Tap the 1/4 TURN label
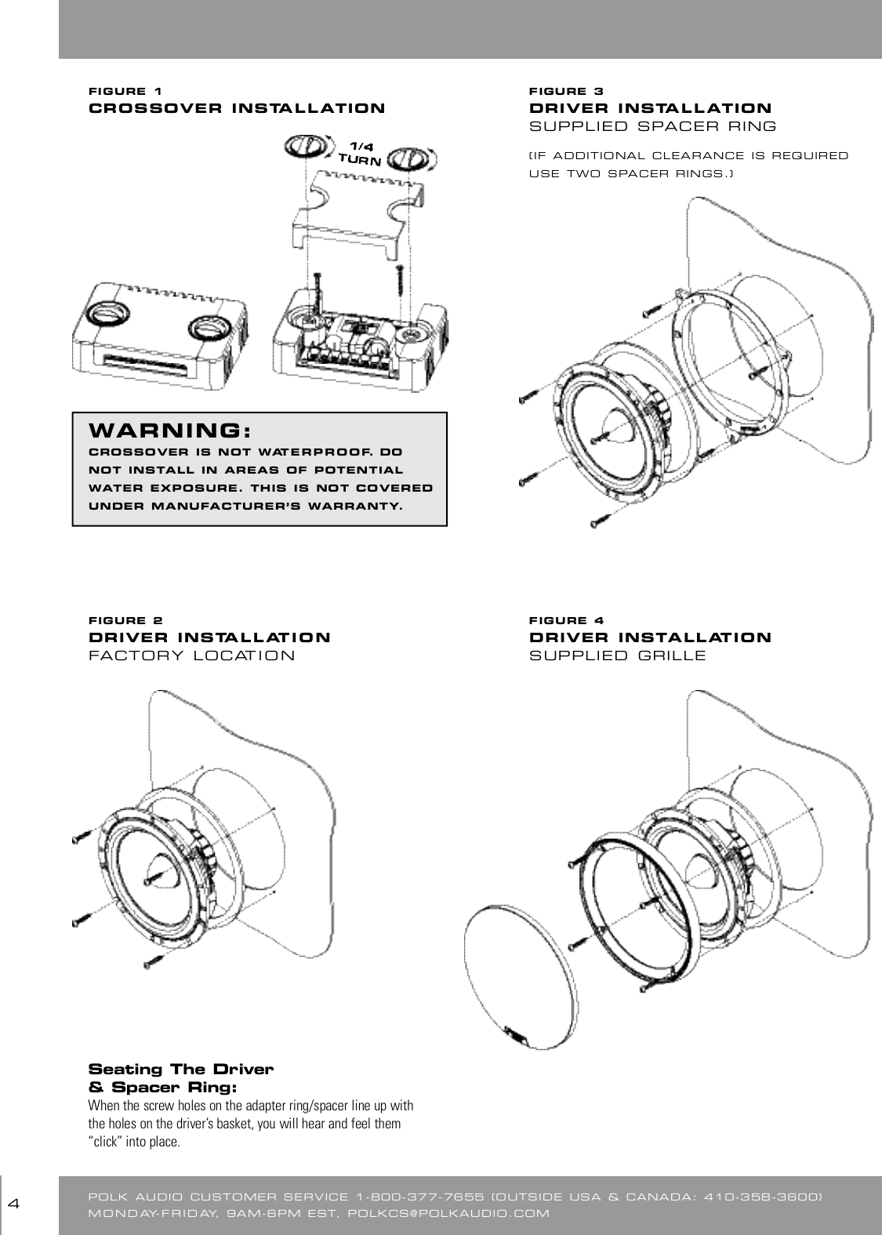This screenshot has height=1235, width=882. pyautogui.click(x=360, y=154)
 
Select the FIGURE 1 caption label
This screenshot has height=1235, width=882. pyautogui.click(x=126, y=90)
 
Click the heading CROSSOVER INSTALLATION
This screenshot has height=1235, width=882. pyautogui.click(x=237, y=108)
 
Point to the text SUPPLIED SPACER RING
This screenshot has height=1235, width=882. pyautogui.click(x=653, y=126)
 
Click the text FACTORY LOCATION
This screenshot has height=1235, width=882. pyautogui.click(x=192, y=656)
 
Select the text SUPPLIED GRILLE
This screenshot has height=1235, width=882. pyautogui.click(x=618, y=656)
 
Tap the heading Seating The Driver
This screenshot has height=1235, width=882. pyautogui.click(x=181, y=1070)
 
